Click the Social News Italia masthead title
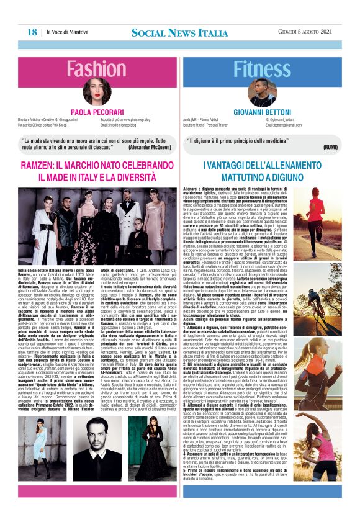[x=179, y=32]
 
